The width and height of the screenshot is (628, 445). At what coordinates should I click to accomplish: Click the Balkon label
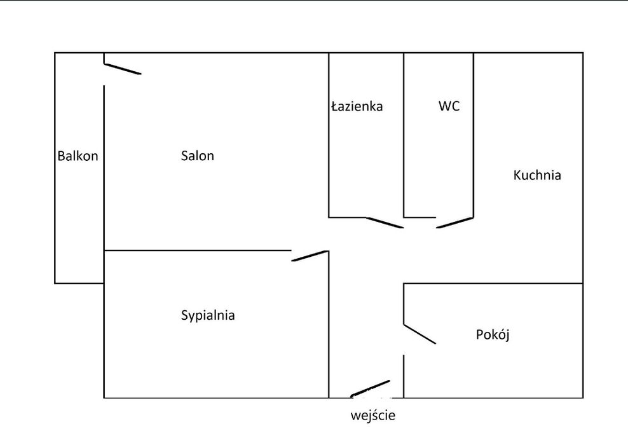click(x=78, y=156)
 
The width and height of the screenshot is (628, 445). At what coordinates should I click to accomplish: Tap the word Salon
click(x=198, y=155)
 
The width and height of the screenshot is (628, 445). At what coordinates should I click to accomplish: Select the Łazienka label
click(x=357, y=106)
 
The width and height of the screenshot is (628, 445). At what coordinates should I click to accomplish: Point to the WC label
click(x=449, y=106)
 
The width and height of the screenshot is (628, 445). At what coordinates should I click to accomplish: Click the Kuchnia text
click(x=537, y=175)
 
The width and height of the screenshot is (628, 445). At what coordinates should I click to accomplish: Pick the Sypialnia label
click(x=208, y=315)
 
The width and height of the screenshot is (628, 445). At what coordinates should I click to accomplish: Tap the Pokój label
click(x=493, y=334)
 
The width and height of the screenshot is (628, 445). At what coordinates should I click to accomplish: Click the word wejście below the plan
click(x=373, y=415)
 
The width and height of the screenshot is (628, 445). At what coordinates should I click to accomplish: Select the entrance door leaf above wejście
click(x=370, y=388)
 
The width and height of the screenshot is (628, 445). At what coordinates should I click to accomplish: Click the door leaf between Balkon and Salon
click(x=123, y=69)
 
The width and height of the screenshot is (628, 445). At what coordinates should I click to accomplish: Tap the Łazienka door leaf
click(x=385, y=222)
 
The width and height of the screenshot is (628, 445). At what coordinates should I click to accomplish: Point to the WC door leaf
click(x=454, y=222)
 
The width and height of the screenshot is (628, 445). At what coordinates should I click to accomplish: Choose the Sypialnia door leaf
click(x=310, y=256)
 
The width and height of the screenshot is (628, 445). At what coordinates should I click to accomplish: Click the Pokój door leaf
click(x=420, y=334)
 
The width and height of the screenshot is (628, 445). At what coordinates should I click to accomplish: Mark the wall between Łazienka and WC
click(x=404, y=135)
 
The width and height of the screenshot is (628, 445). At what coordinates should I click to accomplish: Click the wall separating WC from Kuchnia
click(x=474, y=135)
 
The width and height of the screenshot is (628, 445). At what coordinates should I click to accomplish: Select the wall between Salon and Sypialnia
click(x=198, y=250)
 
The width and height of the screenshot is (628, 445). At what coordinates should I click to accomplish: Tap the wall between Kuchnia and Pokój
click(x=493, y=284)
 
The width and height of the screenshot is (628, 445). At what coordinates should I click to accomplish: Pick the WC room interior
click(x=439, y=160)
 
